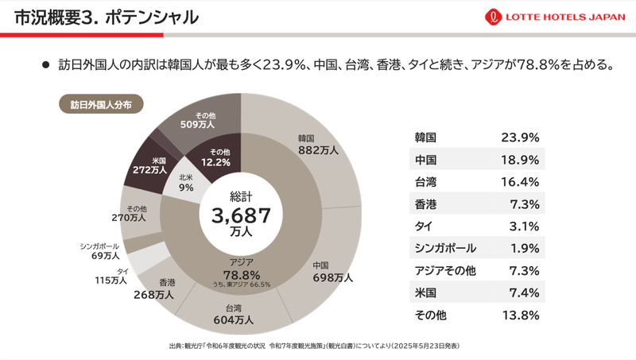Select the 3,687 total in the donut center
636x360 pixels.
(241, 215)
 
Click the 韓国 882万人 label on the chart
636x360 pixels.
(319, 144)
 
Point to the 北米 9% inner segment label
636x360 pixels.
(185, 182)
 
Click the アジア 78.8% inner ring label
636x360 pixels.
(242, 270)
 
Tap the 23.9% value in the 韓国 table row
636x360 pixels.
(520, 137)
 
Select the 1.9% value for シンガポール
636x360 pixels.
(524, 248)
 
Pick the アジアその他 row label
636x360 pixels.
(445, 270)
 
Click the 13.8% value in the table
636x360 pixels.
(520, 315)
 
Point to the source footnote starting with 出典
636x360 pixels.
(314, 346)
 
